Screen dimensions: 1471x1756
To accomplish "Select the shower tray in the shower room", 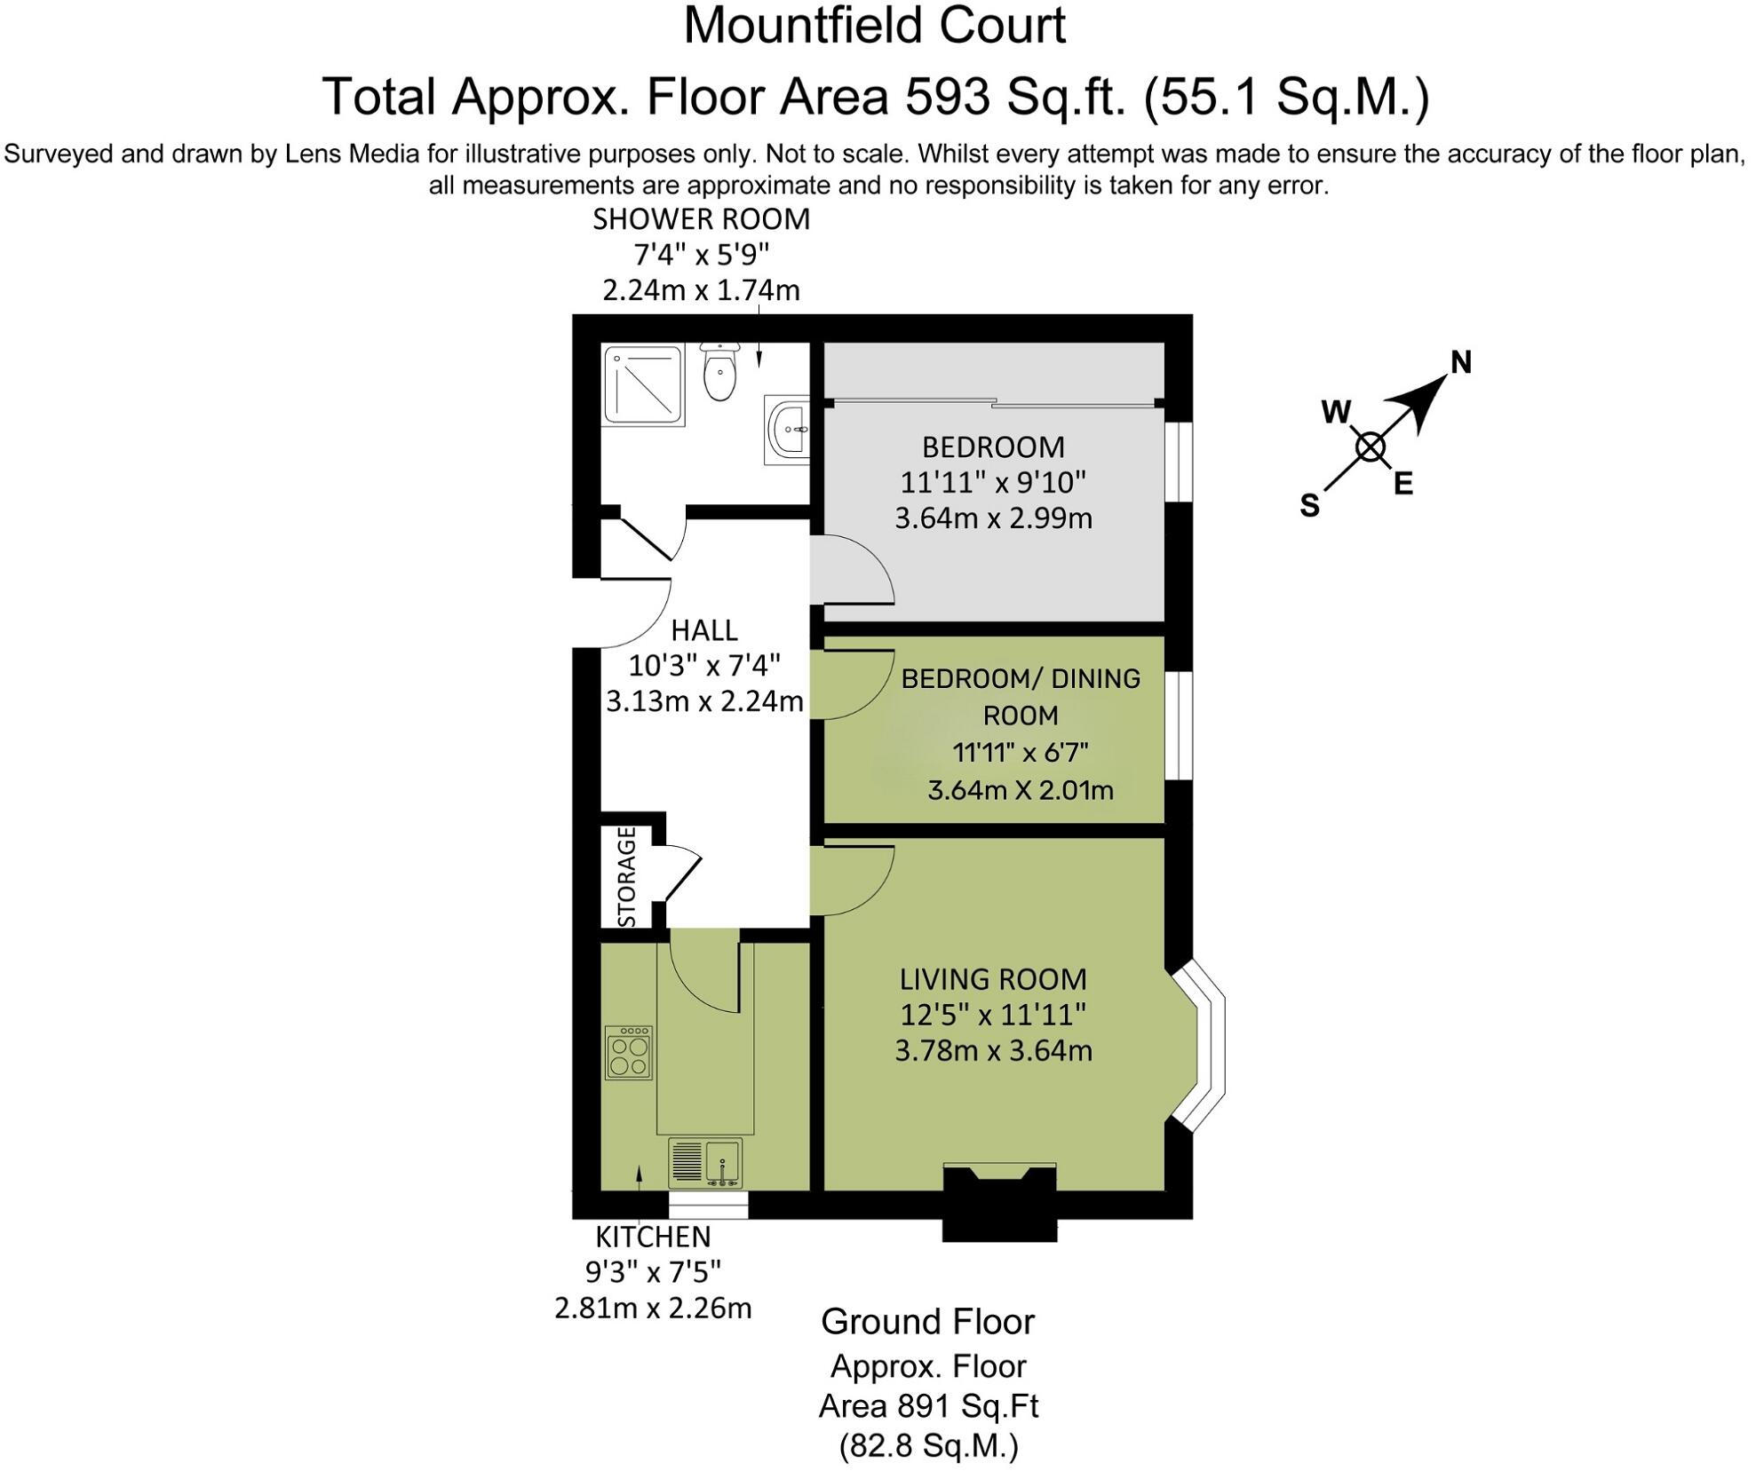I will (644, 384).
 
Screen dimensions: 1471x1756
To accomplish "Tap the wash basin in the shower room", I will (789, 431).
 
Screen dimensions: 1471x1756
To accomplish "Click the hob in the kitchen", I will (629, 1053).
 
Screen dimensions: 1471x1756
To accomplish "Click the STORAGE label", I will (627, 876).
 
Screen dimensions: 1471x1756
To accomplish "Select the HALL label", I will (704, 630).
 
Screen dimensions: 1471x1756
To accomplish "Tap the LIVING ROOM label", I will (993, 979).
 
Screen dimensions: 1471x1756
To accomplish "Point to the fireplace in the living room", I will (999, 1201).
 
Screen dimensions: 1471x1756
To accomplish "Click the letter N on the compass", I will (1461, 362).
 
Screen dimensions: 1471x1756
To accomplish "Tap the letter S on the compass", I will (1309, 505).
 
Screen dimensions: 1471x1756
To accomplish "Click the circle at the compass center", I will (1371, 447).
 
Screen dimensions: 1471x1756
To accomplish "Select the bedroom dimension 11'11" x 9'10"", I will (993, 483).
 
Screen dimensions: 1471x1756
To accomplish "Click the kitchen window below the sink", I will (708, 1206).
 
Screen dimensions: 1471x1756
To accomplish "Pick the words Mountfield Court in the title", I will (874, 26).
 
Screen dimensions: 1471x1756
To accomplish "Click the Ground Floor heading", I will (927, 1322).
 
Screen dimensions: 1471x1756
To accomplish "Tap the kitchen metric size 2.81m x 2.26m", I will (653, 1308).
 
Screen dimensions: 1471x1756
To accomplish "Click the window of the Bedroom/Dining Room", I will (1179, 725).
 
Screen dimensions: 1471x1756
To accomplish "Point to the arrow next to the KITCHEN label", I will (639, 1176).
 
